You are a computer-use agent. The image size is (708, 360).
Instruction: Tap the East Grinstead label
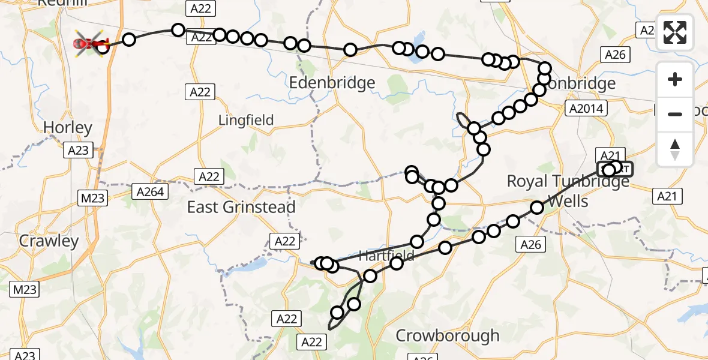(x=241, y=208)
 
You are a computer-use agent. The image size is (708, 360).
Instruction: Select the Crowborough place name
(x=448, y=335)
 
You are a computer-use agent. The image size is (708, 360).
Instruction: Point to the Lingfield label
(x=246, y=120)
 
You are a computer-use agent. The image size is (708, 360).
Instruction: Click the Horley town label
(x=68, y=127)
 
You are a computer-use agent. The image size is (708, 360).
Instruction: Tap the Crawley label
(x=49, y=241)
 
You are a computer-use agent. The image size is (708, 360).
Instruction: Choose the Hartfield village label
(x=386, y=256)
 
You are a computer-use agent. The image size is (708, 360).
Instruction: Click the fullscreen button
(x=675, y=32)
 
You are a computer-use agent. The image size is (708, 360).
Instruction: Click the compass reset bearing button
(x=675, y=149)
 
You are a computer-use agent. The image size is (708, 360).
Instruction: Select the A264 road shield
(x=150, y=191)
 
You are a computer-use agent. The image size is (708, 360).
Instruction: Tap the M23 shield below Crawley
(x=25, y=290)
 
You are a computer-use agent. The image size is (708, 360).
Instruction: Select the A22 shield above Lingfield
(x=199, y=92)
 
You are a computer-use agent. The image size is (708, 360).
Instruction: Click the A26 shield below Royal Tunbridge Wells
(x=531, y=244)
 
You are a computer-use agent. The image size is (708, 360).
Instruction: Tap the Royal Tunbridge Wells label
(x=568, y=190)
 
